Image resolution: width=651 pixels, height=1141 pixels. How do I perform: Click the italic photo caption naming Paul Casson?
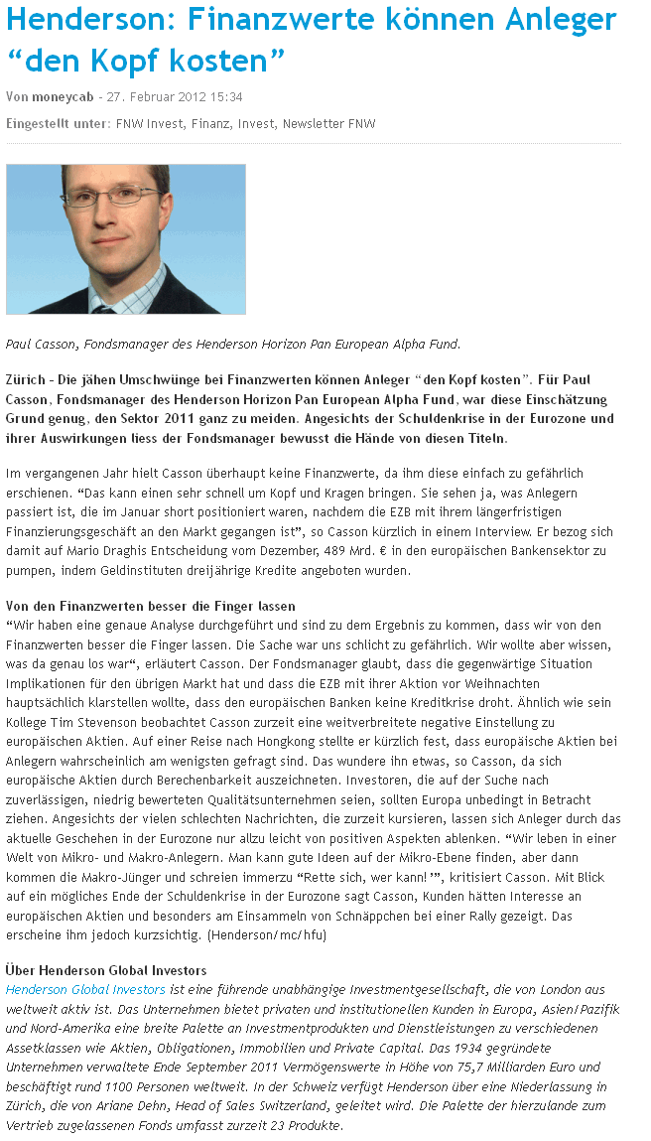233,345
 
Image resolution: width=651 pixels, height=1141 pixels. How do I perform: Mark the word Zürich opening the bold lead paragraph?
26,380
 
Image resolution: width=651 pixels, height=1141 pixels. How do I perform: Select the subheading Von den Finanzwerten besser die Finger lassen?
151,606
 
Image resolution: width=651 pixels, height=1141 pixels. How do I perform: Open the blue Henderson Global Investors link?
85,989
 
